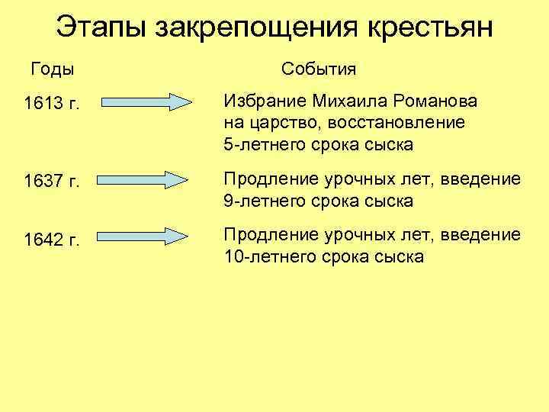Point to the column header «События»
(319, 69)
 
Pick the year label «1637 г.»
(52, 183)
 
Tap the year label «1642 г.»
(52, 240)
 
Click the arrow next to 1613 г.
(145, 102)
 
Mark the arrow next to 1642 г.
(145, 237)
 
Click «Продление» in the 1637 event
(268, 180)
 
